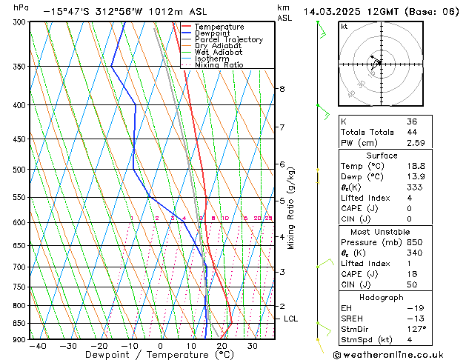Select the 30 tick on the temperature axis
(253, 346)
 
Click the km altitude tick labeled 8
(282, 89)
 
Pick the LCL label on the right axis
(291, 319)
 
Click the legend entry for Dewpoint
(212, 33)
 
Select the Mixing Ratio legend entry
(219, 65)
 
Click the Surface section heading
(382, 156)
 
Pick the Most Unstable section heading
(382, 232)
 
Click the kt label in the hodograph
(344, 27)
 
